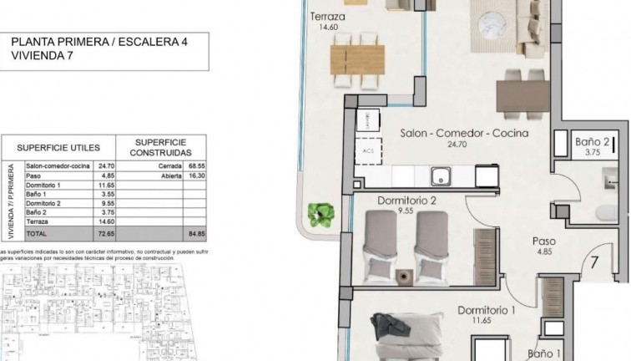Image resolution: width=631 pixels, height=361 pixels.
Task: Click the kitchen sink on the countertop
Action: click(x=440, y=175)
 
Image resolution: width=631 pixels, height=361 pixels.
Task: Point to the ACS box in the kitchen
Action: click(x=369, y=151)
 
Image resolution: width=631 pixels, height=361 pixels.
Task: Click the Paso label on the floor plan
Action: click(x=545, y=242)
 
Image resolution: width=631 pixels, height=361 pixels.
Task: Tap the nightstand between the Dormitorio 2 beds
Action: click(x=406, y=272)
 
